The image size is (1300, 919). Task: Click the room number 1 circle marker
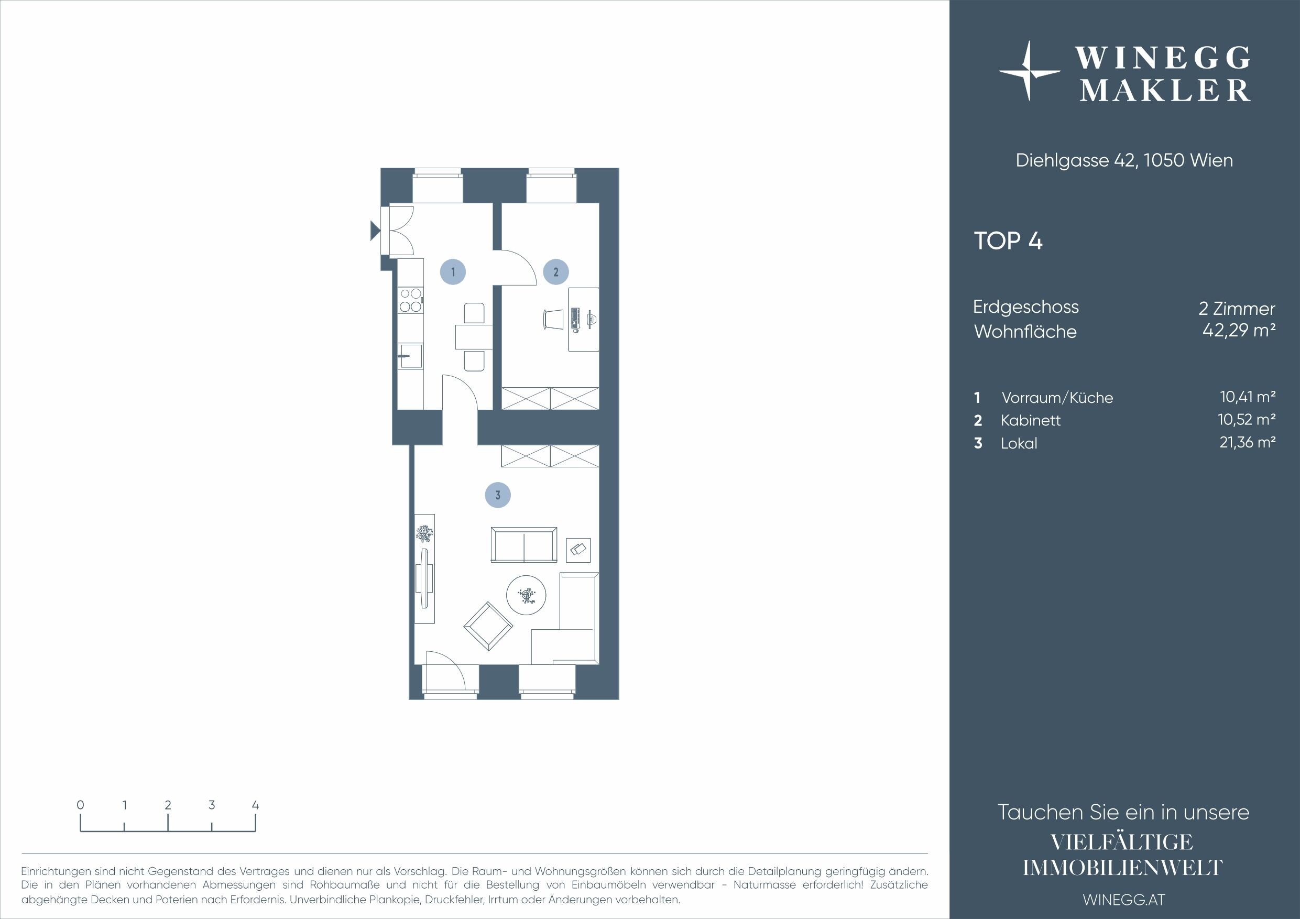click(x=453, y=272)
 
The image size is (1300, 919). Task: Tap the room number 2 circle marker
click(x=555, y=272)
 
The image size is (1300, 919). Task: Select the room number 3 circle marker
click(x=498, y=495)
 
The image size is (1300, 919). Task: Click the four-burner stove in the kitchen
click(x=410, y=300)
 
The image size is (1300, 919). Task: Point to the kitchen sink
click(x=410, y=356)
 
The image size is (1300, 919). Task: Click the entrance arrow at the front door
click(x=375, y=230)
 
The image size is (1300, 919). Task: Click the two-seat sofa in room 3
click(x=524, y=545)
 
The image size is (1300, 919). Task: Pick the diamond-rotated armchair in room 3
click(x=488, y=626)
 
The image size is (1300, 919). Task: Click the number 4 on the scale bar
click(x=255, y=805)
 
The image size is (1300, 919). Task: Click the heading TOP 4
click(x=1008, y=241)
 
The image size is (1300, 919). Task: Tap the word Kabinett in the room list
click(x=1031, y=421)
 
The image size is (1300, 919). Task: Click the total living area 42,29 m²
click(x=1239, y=330)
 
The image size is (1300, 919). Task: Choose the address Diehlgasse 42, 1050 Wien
click(x=1124, y=160)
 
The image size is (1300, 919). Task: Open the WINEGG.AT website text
click(x=1124, y=900)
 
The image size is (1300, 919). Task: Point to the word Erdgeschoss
click(x=1026, y=308)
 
